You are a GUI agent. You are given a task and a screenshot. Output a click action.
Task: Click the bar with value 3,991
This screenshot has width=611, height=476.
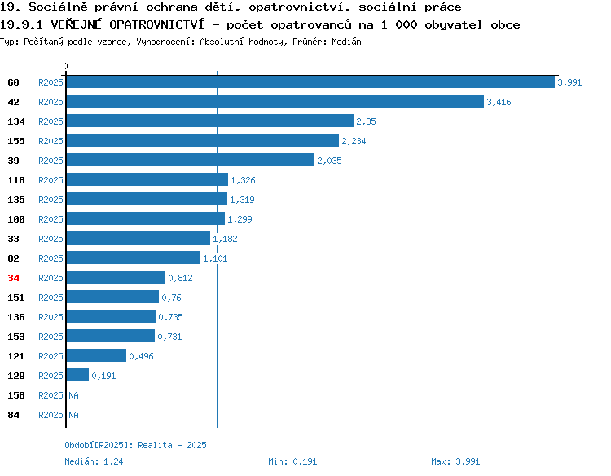pos(310,82)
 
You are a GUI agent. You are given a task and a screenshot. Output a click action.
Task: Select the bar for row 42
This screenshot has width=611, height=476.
pos(275,101)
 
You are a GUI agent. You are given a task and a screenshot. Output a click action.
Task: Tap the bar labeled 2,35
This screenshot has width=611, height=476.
pos(210,121)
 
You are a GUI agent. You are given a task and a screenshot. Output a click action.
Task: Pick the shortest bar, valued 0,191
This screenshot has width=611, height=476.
pos(77,375)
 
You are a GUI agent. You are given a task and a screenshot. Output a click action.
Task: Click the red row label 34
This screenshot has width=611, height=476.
pos(13,278)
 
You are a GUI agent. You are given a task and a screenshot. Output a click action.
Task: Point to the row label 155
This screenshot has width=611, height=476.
pos(16,141)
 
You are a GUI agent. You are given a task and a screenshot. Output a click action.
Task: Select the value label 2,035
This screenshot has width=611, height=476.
pos(329,161)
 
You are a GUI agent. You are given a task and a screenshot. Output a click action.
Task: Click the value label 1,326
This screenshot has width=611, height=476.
pos(243,180)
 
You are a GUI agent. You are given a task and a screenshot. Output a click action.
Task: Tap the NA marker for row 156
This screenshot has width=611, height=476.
pos(73,395)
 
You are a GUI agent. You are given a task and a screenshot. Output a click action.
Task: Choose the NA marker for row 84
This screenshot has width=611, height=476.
pos(73,415)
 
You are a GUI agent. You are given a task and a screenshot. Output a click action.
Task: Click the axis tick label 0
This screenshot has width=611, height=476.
pos(65,66)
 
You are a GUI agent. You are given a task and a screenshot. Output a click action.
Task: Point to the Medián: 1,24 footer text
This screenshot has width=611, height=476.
pos(94,461)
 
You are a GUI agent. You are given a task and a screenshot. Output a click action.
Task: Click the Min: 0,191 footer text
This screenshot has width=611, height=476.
pos(292,461)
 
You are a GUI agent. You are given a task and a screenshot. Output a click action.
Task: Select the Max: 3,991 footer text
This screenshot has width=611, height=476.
pos(455,461)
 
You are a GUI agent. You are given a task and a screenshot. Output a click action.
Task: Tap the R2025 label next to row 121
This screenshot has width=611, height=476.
pos(51,356)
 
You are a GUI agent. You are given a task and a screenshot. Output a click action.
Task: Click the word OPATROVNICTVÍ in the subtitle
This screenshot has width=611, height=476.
pos(156,24)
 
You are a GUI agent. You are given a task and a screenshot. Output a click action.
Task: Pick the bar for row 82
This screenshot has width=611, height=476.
pos(134,258)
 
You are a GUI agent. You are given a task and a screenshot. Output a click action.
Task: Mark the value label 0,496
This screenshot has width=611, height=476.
pos(141,356)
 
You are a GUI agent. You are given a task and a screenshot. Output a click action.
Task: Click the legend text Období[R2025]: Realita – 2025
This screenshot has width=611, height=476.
pos(135,445)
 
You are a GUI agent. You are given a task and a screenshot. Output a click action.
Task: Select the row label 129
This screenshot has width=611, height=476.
pos(16,376)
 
